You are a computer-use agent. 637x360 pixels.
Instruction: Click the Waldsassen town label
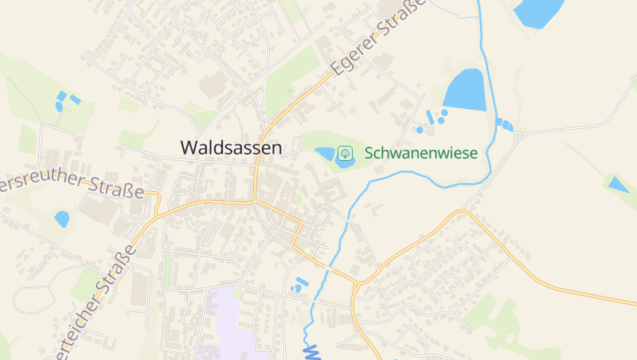pos(231,147)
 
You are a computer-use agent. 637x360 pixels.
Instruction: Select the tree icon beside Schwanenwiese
pos(346,152)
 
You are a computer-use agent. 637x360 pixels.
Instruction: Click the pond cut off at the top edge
pos(539,11)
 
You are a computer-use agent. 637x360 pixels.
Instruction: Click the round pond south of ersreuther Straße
pos(62,217)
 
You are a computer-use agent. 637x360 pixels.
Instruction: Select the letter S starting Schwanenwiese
pos(369,152)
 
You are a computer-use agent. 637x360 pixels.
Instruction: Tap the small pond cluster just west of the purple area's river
pos(299,284)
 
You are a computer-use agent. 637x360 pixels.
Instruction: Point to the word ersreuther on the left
pos(40,182)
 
